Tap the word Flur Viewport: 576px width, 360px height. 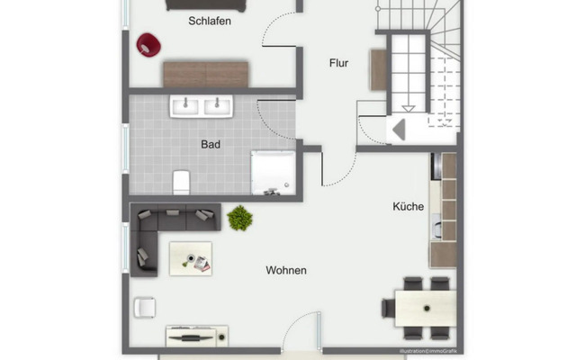(x=337, y=63)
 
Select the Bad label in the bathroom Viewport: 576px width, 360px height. (x=211, y=144)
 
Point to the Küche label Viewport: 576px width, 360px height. (x=408, y=207)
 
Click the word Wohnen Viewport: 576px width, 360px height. (x=285, y=270)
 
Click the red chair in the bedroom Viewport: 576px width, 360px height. (x=147, y=43)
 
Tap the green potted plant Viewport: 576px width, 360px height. (x=239, y=217)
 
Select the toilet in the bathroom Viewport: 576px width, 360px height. (x=180, y=181)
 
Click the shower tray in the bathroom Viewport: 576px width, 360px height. (x=272, y=172)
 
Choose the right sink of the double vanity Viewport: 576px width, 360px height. (x=219, y=107)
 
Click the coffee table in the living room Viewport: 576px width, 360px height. (x=191, y=258)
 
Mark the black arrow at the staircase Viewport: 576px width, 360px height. (x=399, y=129)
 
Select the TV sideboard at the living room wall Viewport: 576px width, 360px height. (x=197, y=337)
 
